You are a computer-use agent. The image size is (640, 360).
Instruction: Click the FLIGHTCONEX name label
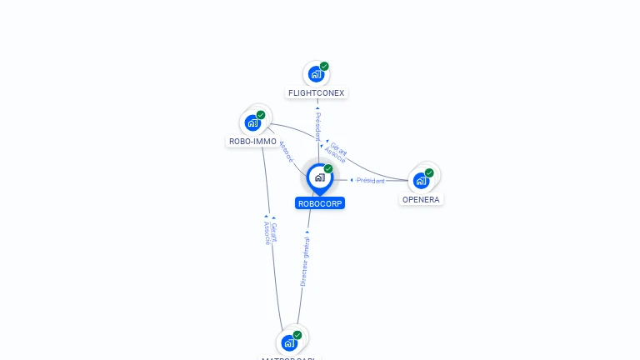316,93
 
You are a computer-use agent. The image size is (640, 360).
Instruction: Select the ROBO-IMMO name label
252,142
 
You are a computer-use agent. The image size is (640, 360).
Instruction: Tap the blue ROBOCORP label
320,203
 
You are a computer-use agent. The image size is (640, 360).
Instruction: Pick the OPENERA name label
421,200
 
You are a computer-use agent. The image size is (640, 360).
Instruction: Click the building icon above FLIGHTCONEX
315,74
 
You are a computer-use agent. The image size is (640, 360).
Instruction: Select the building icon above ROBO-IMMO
252,123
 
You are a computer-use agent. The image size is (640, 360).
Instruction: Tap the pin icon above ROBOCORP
319,177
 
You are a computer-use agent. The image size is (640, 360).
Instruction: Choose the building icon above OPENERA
421,181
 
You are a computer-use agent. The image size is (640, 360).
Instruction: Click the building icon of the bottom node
288,342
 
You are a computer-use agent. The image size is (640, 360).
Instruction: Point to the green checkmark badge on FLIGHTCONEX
324,66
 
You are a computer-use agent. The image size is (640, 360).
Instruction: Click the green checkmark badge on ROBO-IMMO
261,115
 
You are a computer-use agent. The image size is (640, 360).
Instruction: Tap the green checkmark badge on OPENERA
429,172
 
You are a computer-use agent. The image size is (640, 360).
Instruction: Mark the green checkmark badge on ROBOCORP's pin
328,168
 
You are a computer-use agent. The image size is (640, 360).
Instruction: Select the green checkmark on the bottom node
297,335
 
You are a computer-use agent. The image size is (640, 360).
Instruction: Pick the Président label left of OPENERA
370,181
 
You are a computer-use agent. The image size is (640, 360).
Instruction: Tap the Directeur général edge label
305,261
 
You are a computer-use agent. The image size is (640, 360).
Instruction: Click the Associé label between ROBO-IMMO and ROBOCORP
286,151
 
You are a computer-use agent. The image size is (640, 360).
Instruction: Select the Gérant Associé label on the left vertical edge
270,232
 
